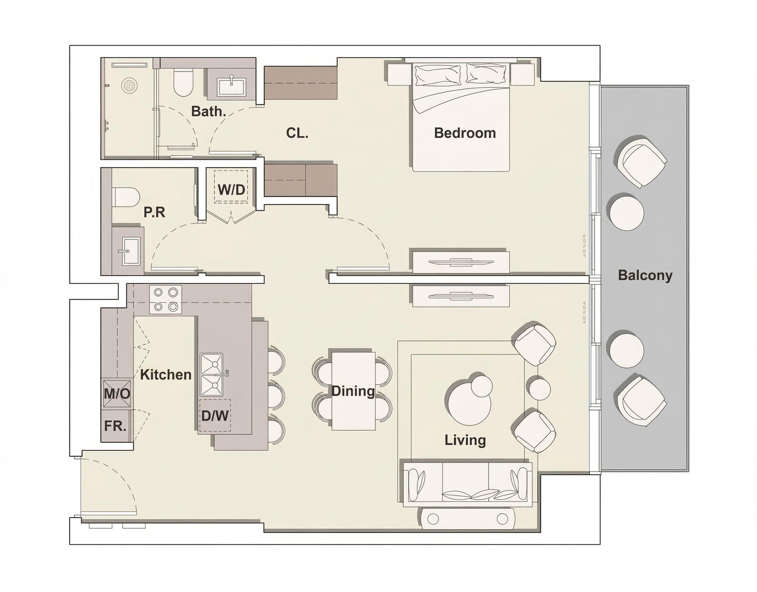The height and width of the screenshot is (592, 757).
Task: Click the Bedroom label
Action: pos(465,133)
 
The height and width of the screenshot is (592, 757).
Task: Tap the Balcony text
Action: pos(645,275)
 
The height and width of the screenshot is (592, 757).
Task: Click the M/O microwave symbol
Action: pos(117,393)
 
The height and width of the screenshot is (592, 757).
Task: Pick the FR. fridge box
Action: pos(116,426)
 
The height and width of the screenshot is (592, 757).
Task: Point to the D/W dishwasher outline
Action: pos(215,415)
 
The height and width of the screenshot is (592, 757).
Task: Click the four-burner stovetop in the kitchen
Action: pos(165,300)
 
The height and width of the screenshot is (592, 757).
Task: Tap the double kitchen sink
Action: pos(211,375)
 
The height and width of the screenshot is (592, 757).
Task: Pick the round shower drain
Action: pos(128,85)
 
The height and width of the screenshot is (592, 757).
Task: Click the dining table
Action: pos(353,391)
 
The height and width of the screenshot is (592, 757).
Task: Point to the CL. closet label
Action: pos(297,133)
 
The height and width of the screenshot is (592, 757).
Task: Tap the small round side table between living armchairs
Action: pos(538,388)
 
